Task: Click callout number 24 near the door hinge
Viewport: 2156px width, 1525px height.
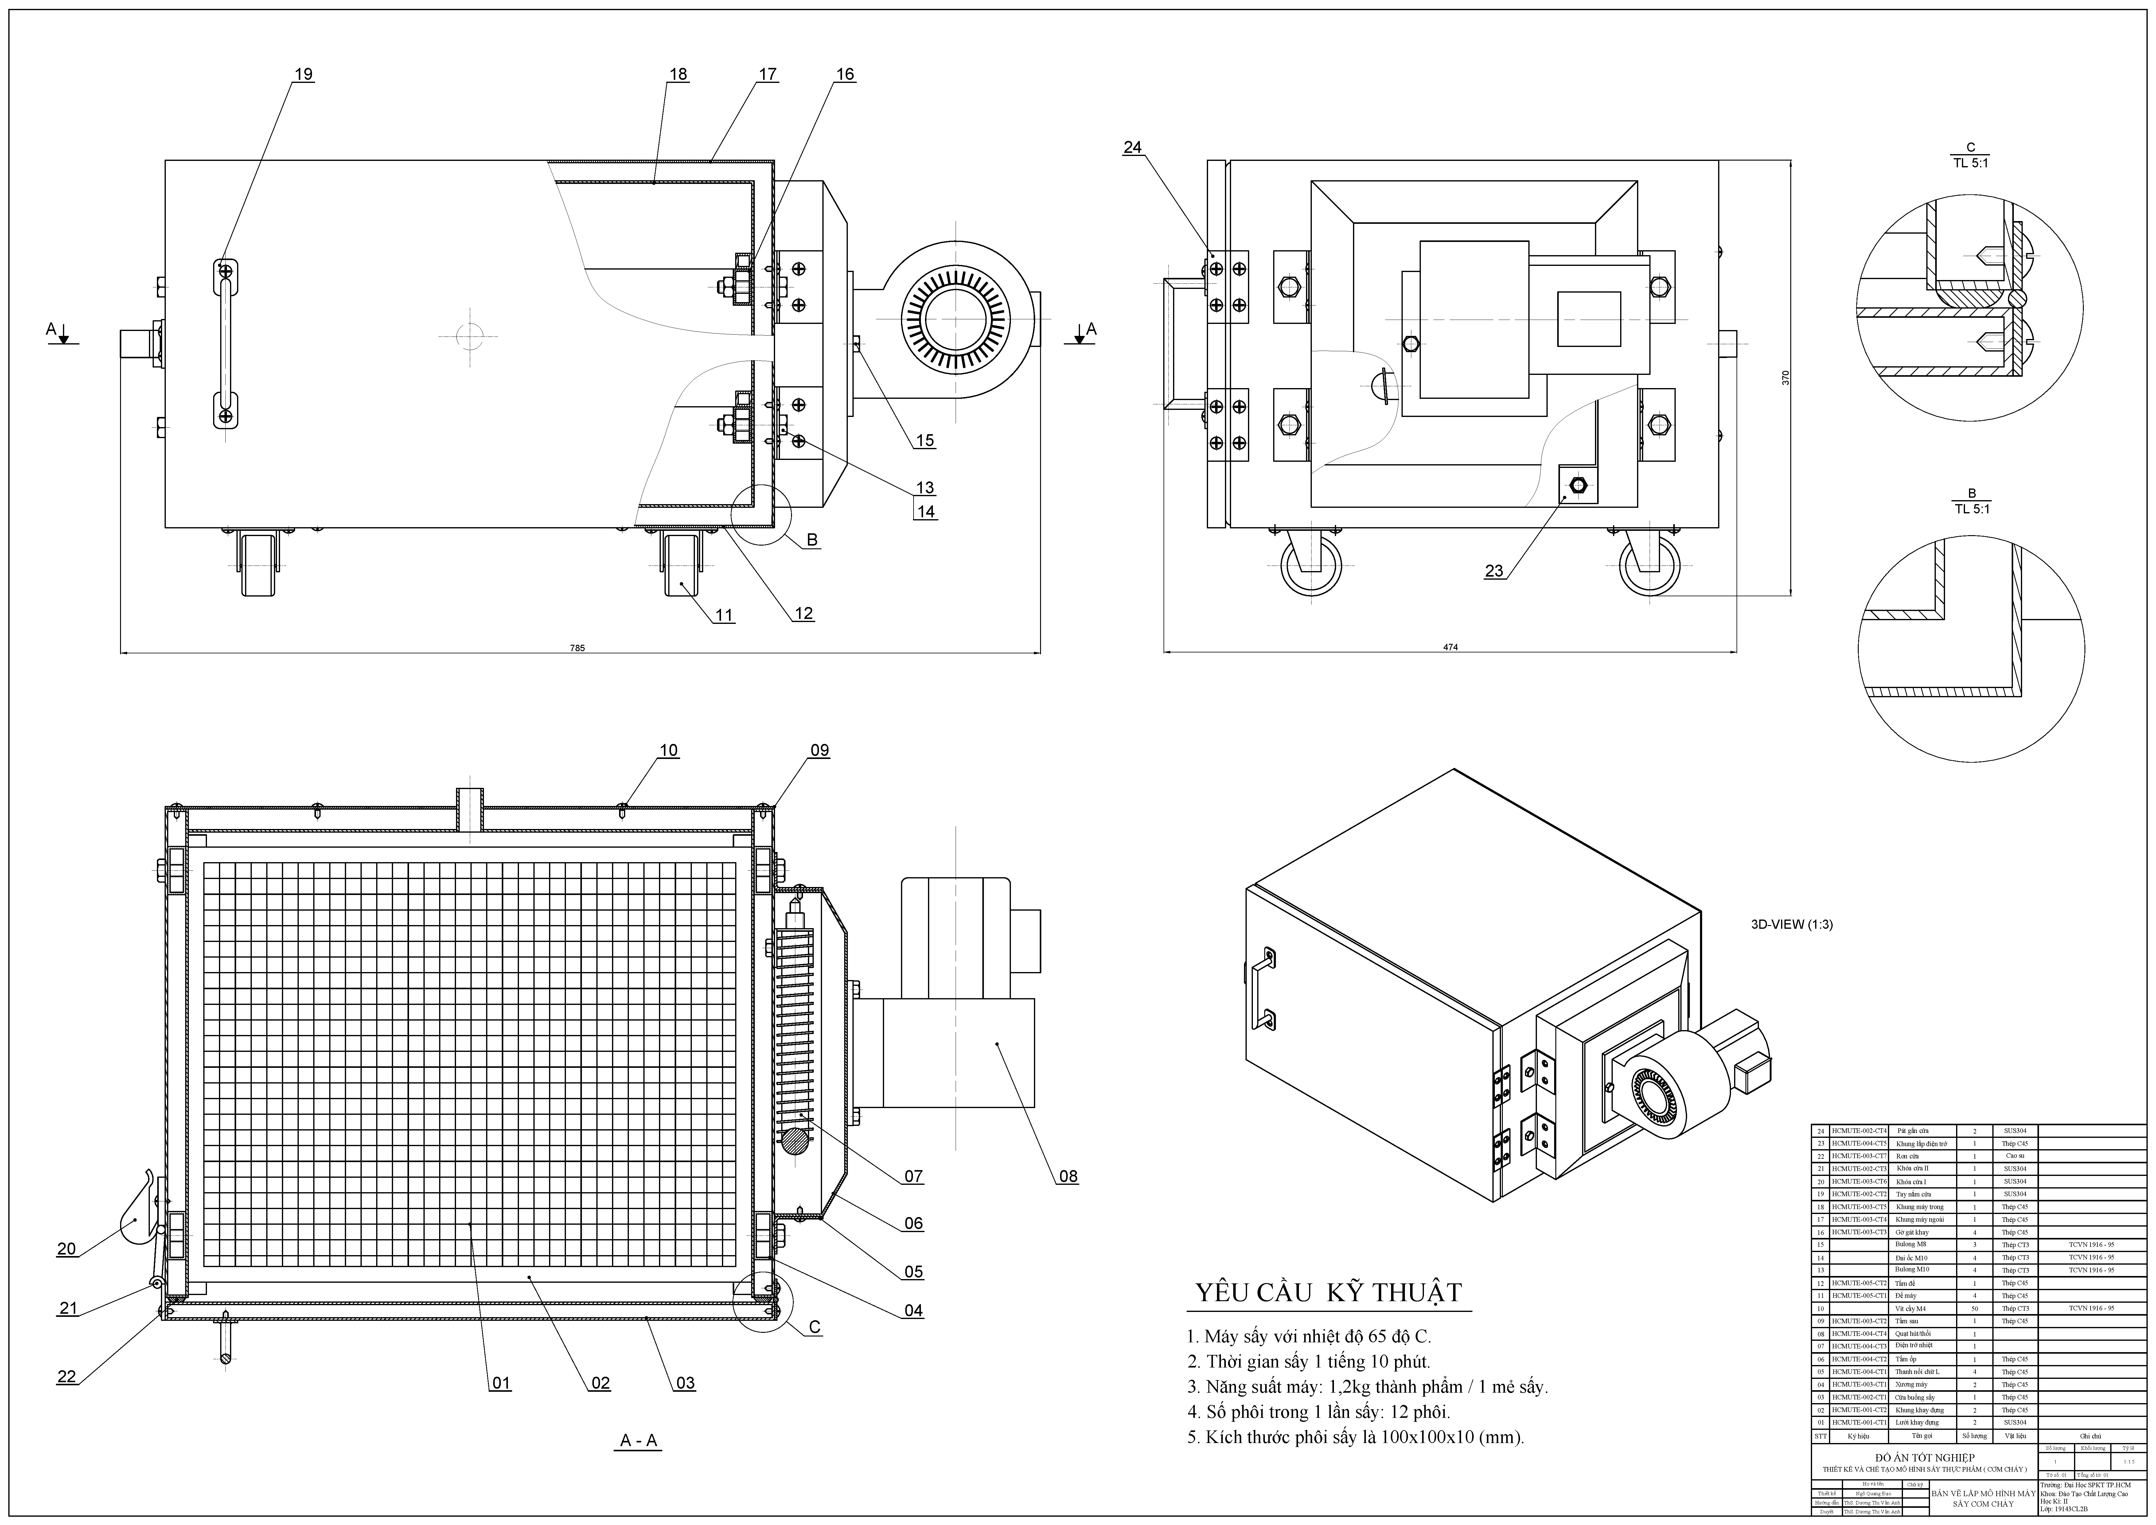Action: pyautogui.click(x=1133, y=147)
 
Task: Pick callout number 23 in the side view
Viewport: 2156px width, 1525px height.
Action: pyautogui.click(x=1494, y=570)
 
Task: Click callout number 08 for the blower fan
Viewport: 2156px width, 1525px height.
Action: pyautogui.click(x=1068, y=1176)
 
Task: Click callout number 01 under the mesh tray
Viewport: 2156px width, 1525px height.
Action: pyautogui.click(x=501, y=1382)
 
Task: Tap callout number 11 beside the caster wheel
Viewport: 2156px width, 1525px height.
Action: pyautogui.click(x=724, y=615)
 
